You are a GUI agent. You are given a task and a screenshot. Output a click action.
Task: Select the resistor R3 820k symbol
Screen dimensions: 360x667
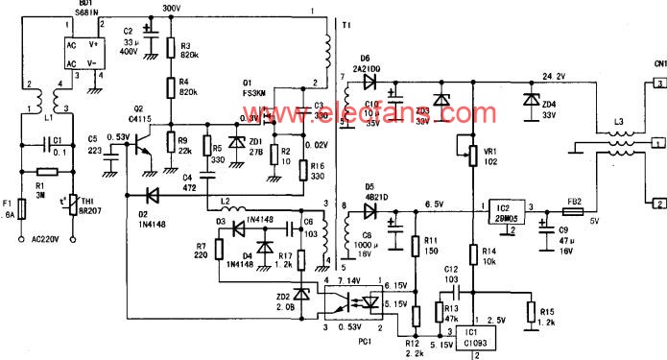click(x=170, y=47)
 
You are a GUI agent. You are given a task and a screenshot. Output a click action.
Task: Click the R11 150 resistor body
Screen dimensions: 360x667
click(x=416, y=246)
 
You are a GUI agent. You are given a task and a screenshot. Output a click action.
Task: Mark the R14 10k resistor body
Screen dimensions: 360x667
click(x=472, y=255)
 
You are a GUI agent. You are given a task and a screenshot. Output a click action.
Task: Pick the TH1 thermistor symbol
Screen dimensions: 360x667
click(x=69, y=204)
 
